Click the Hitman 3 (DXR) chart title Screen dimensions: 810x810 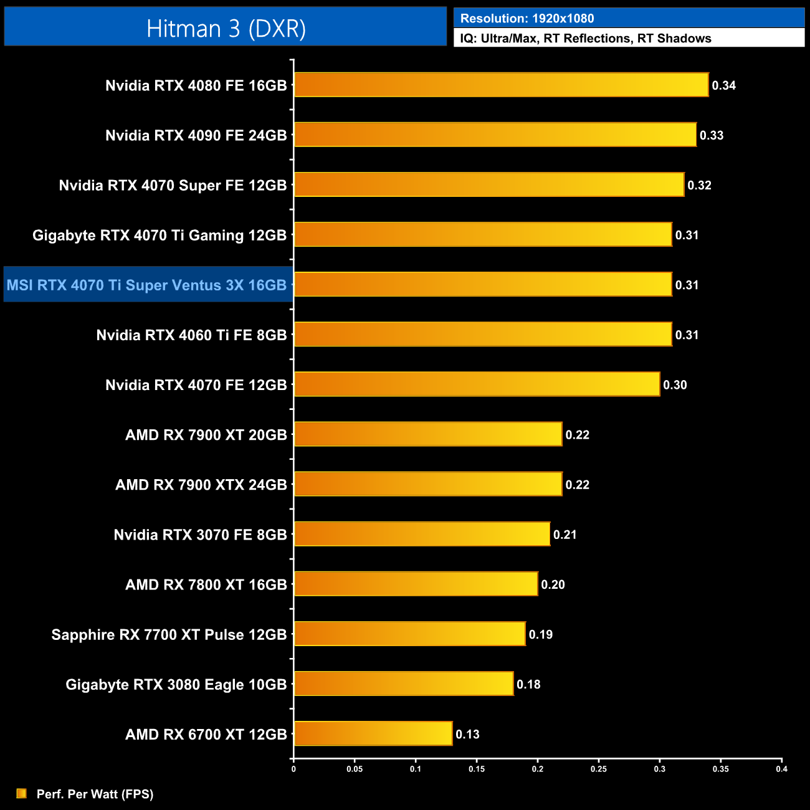[x=226, y=29]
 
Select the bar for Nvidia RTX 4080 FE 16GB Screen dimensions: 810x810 [x=501, y=85]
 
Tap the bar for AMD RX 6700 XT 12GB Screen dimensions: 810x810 [x=373, y=733]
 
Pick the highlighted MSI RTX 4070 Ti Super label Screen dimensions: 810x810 [x=147, y=285]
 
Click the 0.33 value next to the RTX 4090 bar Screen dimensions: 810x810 [x=712, y=135]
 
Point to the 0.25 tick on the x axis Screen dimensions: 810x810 [x=598, y=769]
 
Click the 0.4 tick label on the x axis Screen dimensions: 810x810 [x=781, y=769]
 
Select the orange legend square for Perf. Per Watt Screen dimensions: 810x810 [x=22, y=793]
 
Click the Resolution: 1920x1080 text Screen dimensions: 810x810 [x=527, y=19]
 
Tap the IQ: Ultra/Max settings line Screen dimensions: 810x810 [x=586, y=39]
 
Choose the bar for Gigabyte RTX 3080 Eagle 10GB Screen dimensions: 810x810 [x=403, y=684]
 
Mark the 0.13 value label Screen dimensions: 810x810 [x=467, y=734]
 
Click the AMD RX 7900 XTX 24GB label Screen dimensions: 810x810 [x=201, y=485]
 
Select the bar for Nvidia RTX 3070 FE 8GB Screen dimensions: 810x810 [x=422, y=534]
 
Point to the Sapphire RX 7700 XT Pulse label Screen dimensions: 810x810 [x=169, y=634]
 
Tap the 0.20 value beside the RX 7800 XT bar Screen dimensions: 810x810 [x=553, y=584]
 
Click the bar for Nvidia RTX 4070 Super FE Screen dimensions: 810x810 [x=488, y=184]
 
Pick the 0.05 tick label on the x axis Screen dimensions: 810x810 [x=355, y=769]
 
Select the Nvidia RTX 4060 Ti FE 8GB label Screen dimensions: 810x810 [x=191, y=335]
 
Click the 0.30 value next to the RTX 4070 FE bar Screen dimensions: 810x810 [x=675, y=385]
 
